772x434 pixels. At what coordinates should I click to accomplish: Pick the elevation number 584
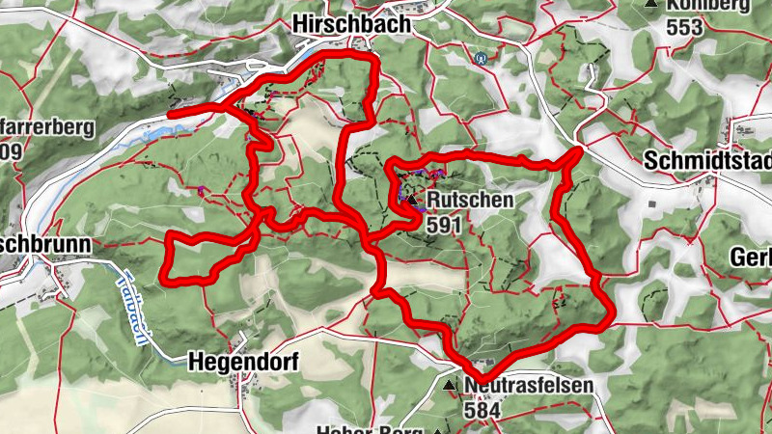click(482, 410)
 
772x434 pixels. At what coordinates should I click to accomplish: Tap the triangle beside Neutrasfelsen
click(450, 386)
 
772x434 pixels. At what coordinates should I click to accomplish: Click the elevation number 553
click(683, 27)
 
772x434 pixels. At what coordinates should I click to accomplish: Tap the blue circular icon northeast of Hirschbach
click(479, 56)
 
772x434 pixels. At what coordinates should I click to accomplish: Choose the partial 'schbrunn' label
click(42, 245)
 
